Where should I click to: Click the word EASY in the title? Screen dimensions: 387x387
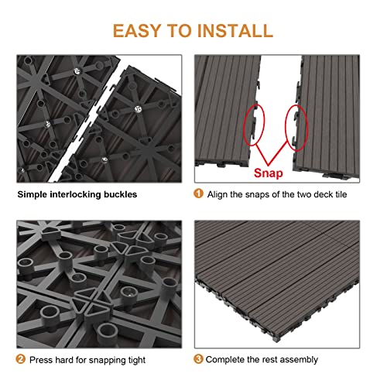140,30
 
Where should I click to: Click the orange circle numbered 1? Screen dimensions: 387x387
198,193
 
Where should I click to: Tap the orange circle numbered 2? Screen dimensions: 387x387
21,360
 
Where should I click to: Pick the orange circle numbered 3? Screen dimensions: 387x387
198,360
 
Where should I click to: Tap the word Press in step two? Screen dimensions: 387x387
42,360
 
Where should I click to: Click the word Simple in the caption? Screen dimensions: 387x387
33,194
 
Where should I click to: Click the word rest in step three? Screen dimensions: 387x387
269,360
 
